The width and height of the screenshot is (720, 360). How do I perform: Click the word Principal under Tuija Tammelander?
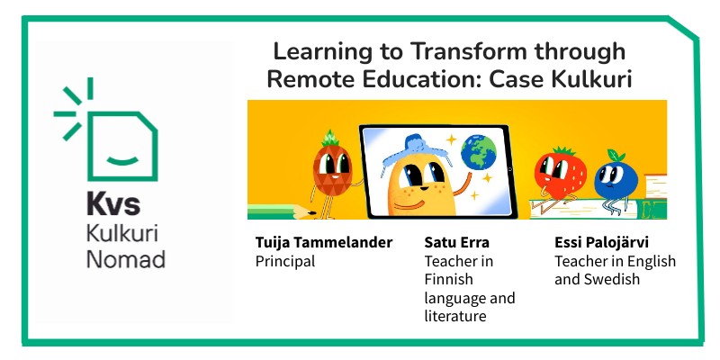[x=285, y=261]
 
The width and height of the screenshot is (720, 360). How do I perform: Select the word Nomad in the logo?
[x=125, y=260]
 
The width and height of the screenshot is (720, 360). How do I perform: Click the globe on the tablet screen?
[x=479, y=152]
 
